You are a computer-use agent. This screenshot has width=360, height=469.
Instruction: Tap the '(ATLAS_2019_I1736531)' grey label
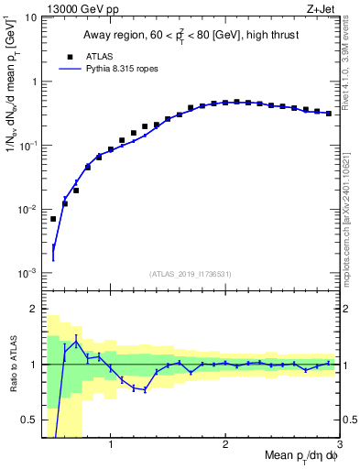tap(191, 274)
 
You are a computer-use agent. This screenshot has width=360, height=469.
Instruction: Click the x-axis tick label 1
tap(111, 446)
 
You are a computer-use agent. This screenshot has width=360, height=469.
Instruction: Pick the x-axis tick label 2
tap(225, 446)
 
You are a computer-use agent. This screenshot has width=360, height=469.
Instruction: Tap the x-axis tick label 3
tap(340, 446)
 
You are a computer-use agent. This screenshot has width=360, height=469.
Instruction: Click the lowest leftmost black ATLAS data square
tap(53, 219)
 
